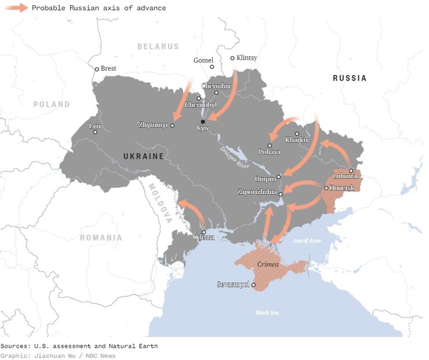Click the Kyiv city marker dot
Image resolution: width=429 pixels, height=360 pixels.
pos(203,121)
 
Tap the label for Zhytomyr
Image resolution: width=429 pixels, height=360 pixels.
pos(153,125)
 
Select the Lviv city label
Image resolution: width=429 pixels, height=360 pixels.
pos(95,125)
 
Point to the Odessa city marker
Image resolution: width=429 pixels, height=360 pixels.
pos(203,232)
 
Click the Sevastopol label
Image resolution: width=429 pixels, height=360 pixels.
pos(232,285)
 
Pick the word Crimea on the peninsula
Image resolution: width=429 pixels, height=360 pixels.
pos(268,264)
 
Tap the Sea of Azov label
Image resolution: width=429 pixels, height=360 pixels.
pos(307,241)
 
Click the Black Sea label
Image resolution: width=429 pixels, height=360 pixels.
pos(267,313)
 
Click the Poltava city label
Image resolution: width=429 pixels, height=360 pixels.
pos(270,152)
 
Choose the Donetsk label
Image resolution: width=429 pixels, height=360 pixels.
pos(341,188)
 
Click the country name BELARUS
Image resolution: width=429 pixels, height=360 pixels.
pos(158,46)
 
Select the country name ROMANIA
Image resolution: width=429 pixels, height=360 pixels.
pos(101,238)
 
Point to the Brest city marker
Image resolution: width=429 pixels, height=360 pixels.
pos(97,69)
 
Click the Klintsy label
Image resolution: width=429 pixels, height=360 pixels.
pos(247,58)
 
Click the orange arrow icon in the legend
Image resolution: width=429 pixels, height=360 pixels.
pos(16,8)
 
